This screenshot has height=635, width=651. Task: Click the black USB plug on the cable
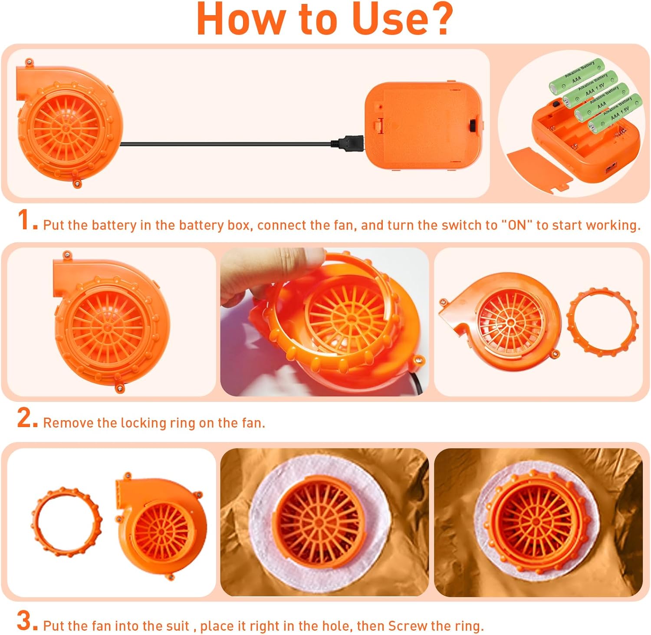pos(348,142)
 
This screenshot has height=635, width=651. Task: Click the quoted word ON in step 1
pos(516,225)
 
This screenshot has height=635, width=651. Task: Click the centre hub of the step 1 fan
pos(66,129)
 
